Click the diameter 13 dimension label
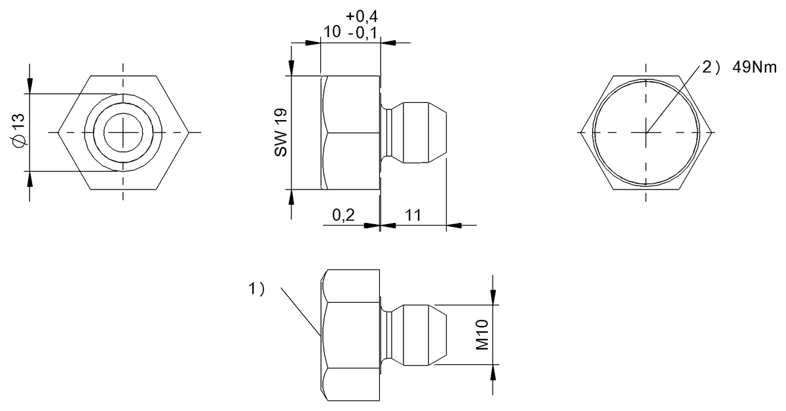(19, 131)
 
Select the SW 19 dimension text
(281, 133)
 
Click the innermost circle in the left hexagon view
(122, 132)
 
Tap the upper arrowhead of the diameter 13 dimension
(29, 86)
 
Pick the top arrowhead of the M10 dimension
(493, 298)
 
